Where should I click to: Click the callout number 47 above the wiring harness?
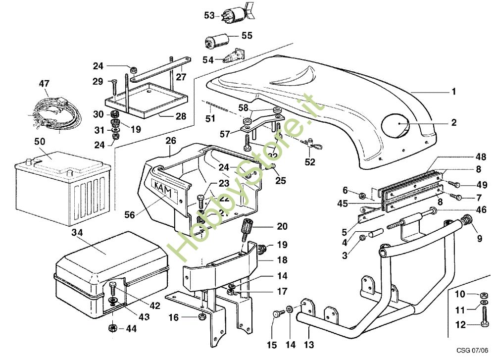45,84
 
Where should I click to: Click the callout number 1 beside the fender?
453,92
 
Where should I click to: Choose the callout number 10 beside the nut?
460,295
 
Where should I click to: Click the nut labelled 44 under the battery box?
112,328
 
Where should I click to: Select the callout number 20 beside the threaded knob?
282,227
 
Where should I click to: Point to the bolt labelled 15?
278,313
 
